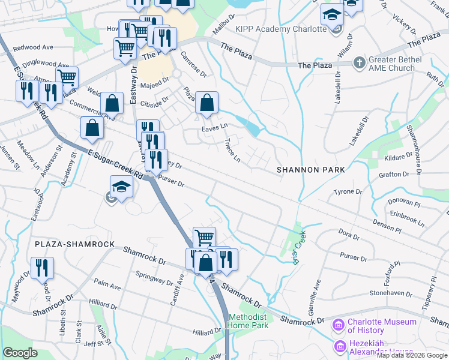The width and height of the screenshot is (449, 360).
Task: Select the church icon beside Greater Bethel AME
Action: click(359, 62)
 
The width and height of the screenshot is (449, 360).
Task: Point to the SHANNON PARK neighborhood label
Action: click(311, 170)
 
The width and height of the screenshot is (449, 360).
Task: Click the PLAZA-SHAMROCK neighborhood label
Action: click(74, 244)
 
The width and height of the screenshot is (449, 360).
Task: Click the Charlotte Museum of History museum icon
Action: click(338, 326)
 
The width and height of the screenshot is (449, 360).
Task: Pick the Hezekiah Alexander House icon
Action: click(340, 346)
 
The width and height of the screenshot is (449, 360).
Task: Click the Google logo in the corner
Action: click(20, 353)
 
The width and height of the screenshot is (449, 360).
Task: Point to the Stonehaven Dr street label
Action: click(390, 294)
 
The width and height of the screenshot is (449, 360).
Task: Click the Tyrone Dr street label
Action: click(348, 192)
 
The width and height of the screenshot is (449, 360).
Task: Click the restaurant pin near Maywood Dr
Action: click(42, 268)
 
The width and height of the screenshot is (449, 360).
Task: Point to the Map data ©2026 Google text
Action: click(412, 355)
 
